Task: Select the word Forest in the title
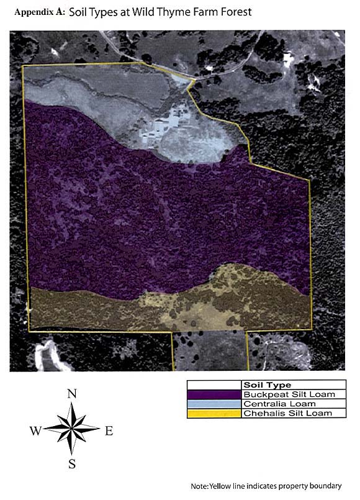234,12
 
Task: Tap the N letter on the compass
72,393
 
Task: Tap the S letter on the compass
72,463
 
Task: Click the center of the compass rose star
72,428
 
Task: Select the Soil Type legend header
268,385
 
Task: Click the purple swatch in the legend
214,394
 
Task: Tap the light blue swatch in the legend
214,404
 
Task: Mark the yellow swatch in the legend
214,413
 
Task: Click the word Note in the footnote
200,486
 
